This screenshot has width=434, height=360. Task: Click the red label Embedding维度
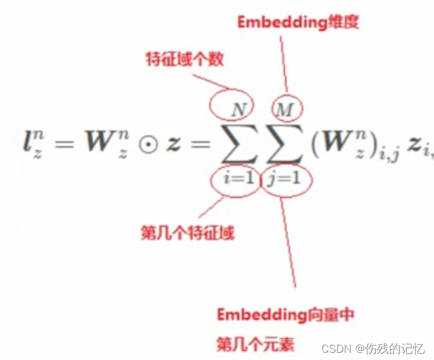tap(298, 22)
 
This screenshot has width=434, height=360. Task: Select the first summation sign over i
tap(239, 145)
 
